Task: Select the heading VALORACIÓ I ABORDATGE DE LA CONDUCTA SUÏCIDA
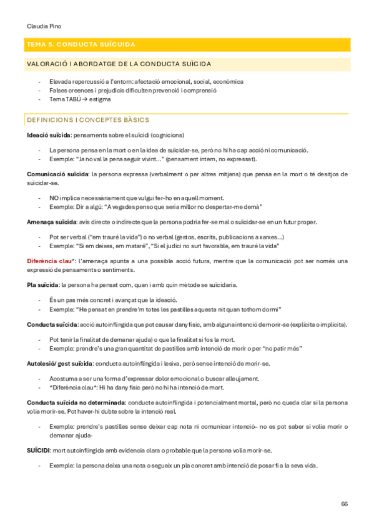tap(119, 64)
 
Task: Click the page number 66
tap(344, 504)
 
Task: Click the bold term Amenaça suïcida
tap(52, 222)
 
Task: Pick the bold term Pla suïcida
tap(42, 285)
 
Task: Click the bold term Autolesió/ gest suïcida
tap(60, 364)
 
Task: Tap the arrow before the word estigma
tap(85, 99)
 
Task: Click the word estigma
tap(100, 99)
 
